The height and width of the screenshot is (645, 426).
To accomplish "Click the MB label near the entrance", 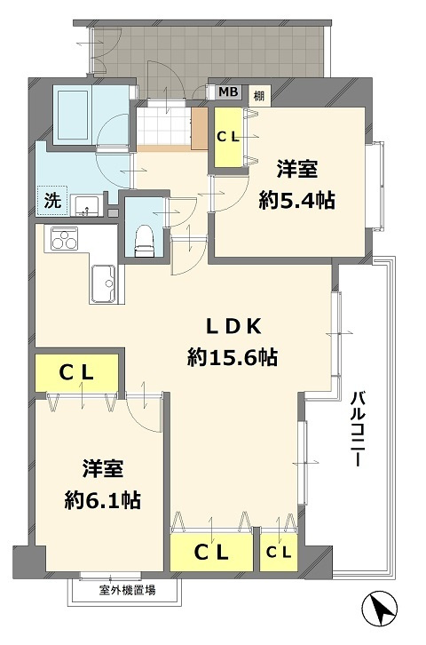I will pyautogui.click(x=228, y=92).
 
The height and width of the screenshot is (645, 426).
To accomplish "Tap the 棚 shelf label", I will pyautogui.click(x=258, y=92).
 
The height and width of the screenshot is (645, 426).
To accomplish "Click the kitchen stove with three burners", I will pyautogui.click(x=65, y=239).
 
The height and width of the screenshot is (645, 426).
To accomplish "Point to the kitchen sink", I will pyautogui.click(x=104, y=283).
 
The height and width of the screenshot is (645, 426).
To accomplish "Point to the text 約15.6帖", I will pyautogui.click(x=233, y=358).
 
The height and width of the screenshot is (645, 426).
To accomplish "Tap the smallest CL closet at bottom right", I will pyautogui.click(x=278, y=551).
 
